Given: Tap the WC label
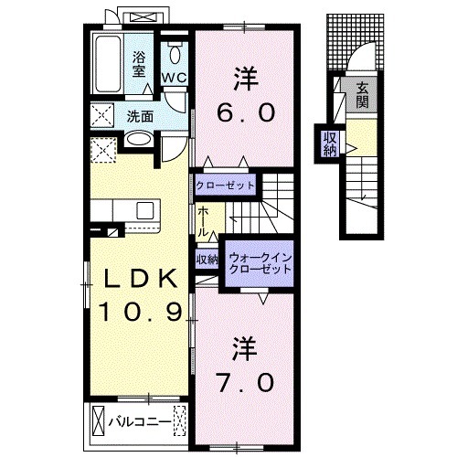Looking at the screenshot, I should point(175,77).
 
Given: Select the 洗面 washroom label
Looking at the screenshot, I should point(140,116).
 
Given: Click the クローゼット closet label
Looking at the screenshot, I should point(226,183).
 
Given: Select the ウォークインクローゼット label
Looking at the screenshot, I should point(259,263).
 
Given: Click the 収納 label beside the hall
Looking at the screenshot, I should point(206,259).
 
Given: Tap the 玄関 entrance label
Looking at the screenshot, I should point(362,95).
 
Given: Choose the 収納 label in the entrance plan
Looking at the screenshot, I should point(328,145).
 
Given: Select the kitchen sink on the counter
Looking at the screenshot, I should point(146,211).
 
